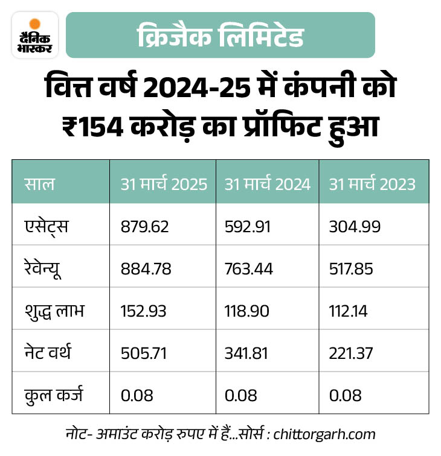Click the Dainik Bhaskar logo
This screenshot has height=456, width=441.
coord(35,35)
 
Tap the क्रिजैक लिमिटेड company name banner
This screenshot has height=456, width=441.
coord(220,36)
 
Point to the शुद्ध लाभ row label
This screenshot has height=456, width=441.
coord(54,311)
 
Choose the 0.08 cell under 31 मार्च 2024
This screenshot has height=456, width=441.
coord(241,395)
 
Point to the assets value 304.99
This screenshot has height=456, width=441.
coord(355,226)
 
